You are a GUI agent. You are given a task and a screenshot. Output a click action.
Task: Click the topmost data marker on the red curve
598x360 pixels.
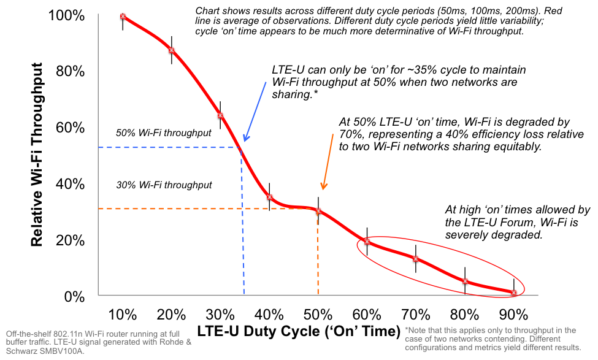[123, 16]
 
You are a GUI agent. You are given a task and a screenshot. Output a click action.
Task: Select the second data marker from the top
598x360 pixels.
[172, 50]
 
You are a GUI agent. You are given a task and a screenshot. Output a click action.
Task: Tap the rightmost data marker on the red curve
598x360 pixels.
[514, 292]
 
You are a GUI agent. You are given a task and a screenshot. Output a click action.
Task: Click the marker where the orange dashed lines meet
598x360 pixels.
[318, 210]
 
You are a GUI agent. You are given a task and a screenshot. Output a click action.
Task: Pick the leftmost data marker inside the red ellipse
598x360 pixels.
[367, 241]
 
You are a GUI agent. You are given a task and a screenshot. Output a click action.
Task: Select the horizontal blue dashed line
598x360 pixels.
[166, 148]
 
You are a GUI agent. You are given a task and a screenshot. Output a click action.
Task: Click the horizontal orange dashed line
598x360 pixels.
[202, 209]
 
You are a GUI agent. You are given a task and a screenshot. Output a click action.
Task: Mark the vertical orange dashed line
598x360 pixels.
[318, 258]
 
